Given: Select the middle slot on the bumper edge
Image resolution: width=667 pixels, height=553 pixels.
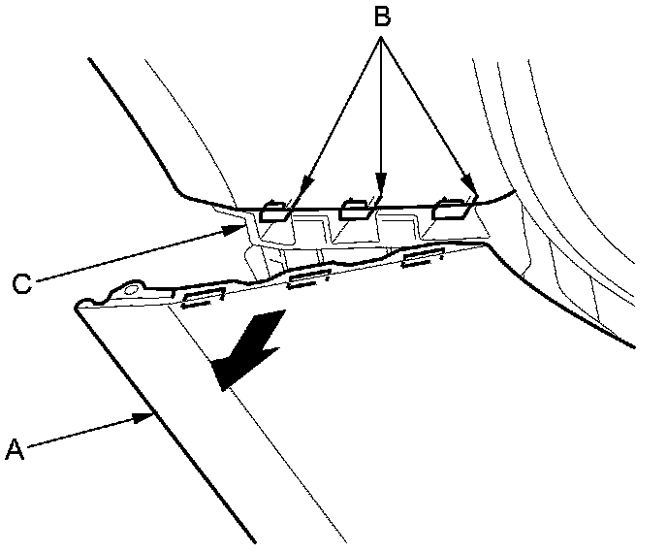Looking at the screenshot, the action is pyautogui.click(x=310, y=277).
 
